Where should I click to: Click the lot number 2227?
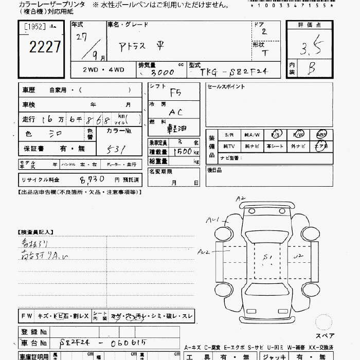click(45, 48)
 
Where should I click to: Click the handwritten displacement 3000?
click(160, 73)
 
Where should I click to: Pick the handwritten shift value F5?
click(176, 92)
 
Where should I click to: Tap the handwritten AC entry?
click(175, 112)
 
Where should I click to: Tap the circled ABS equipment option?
click(321, 135)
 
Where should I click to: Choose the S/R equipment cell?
click(229, 135)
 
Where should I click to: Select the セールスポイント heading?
click(226, 87)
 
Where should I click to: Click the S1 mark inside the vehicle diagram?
click(267, 257)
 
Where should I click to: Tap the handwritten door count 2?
click(264, 32)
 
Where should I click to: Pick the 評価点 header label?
click(310, 25)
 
